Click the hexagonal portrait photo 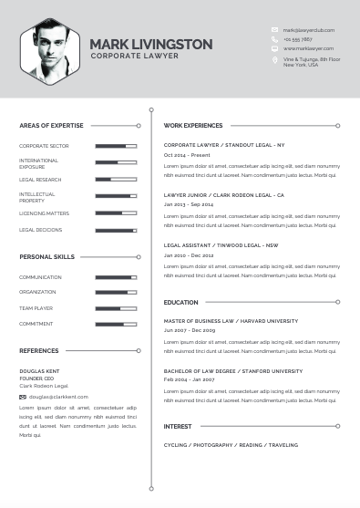(50, 51)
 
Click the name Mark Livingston (151, 44)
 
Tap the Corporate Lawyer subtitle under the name (135, 56)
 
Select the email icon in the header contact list (274, 30)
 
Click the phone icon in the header (274, 39)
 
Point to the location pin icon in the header (274, 61)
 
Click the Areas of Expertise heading (51, 125)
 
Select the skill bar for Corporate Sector (116, 146)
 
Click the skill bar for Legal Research (116, 180)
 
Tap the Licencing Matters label (44, 213)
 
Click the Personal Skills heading (46, 257)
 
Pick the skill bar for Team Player (116, 308)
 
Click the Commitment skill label (36, 324)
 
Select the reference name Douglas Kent (38, 371)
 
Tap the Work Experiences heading (193, 125)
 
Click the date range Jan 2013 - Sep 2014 (189, 205)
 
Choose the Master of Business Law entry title (231, 321)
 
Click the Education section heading (180, 302)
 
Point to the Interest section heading (178, 426)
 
